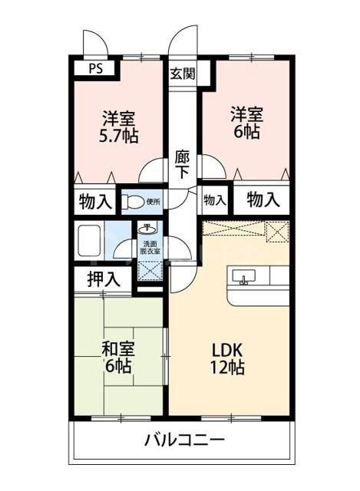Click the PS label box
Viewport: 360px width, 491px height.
tap(95, 68)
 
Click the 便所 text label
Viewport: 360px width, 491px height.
tap(154, 202)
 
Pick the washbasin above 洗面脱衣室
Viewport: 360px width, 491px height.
tap(147, 229)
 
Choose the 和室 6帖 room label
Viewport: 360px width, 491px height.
tap(117, 357)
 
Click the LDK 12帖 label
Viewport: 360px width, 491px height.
tap(228, 358)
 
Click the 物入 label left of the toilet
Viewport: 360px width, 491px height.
tap(95, 203)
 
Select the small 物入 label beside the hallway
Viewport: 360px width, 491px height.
tap(214, 200)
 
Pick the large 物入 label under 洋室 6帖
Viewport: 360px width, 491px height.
tap(263, 199)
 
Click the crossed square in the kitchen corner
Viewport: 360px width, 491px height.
tap(277, 231)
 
